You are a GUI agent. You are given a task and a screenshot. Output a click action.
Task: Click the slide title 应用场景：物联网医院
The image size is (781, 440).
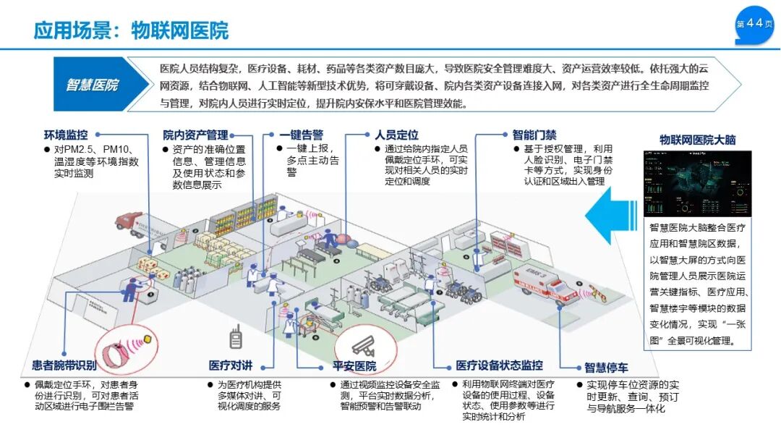point(131,30)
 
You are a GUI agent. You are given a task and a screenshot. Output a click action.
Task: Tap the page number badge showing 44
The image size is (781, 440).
point(754,25)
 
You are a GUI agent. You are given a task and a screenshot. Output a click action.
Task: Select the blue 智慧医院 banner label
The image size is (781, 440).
point(92,85)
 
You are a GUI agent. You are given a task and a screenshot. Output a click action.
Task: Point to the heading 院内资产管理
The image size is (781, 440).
point(195,135)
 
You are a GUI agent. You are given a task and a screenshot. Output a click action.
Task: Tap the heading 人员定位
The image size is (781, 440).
point(396,135)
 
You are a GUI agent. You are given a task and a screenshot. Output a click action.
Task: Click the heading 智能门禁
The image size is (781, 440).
point(534,135)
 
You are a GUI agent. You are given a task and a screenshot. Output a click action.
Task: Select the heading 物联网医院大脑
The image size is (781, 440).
point(697,140)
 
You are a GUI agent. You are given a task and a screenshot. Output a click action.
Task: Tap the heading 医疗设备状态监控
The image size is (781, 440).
point(499,366)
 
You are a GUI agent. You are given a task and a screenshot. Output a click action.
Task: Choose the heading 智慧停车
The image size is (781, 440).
point(606,368)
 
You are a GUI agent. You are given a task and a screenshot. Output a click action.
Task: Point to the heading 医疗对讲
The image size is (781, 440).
point(231,366)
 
